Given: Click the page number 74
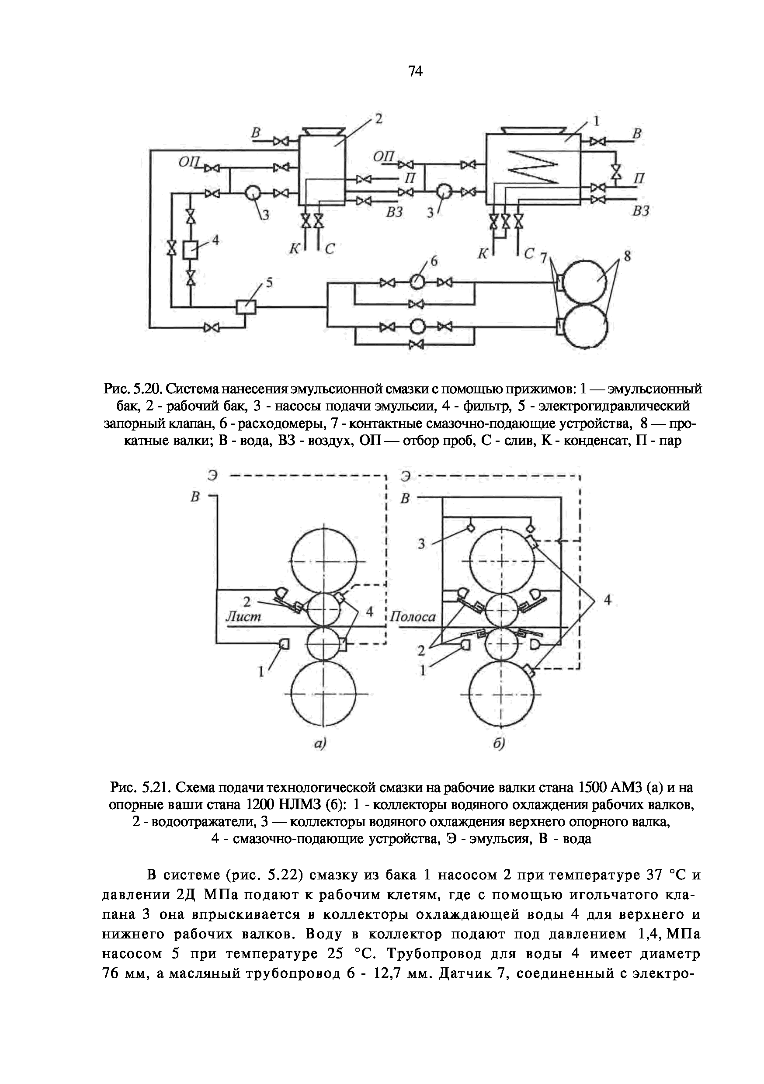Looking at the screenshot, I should click(415, 72).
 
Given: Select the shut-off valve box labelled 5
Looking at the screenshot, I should click(246, 307).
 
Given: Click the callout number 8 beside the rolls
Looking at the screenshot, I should click(627, 257).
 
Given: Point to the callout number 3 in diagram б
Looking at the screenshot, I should click(422, 544).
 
